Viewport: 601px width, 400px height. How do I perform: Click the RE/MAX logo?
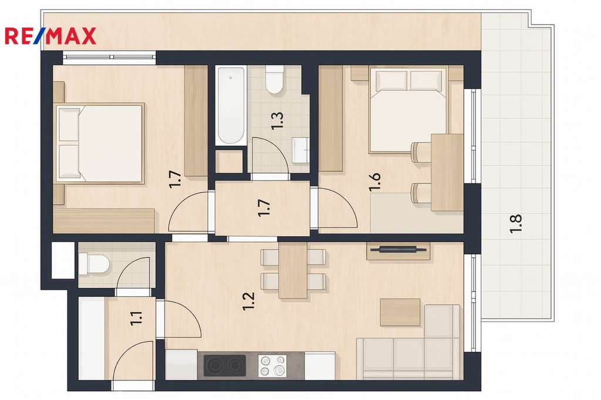tap(50, 36)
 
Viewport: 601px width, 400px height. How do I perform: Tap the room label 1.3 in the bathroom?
tap(277, 121)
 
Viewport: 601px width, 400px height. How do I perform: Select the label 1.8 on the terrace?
tap(516, 224)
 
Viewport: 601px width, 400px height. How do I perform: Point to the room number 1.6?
tap(374, 182)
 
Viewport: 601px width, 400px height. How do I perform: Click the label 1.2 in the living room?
tap(249, 301)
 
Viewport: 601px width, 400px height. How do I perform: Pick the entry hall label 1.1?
tap(137, 318)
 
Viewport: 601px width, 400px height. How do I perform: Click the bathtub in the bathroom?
tap(230, 106)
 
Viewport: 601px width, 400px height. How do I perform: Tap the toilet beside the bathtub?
tap(275, 80)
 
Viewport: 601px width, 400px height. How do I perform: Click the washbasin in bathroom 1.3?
tap(300, 150)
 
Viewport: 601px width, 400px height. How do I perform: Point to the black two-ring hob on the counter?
tap(225, 365)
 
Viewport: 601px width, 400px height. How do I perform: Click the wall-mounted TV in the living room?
tap(398, 250)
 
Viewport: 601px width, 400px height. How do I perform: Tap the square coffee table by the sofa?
tap(400, 312)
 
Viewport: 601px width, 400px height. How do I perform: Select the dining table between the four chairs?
tap(293, 270)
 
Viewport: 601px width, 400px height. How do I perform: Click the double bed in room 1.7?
tap(100, 143)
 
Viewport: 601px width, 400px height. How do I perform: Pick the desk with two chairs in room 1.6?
tap(447, 172)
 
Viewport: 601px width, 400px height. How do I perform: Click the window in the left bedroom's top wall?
tap(109, 57)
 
